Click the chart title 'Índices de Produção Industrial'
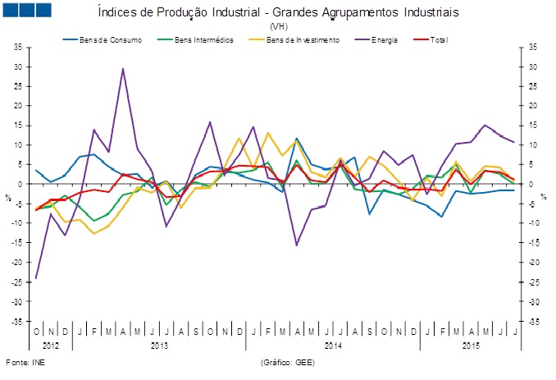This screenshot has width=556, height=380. [x=278, y=13]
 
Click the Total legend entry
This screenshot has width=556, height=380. [x=439, y=39]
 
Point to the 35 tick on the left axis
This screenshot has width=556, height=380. [x=17, y=47]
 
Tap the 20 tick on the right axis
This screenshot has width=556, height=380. [x=532, y=106]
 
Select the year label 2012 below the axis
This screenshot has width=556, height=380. [x=50, y=346]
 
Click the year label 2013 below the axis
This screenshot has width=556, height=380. [x=159, y=346]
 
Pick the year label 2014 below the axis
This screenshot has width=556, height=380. [x=333, y=346]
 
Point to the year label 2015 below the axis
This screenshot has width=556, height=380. [x=470, y=346]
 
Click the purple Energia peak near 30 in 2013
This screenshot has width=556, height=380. [x=123, y=69]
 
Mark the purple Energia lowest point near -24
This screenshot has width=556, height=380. [x=36, y=278]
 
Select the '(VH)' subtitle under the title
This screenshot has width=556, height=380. [x=278, y=26]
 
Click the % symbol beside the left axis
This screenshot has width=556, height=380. [x=8, y=197]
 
